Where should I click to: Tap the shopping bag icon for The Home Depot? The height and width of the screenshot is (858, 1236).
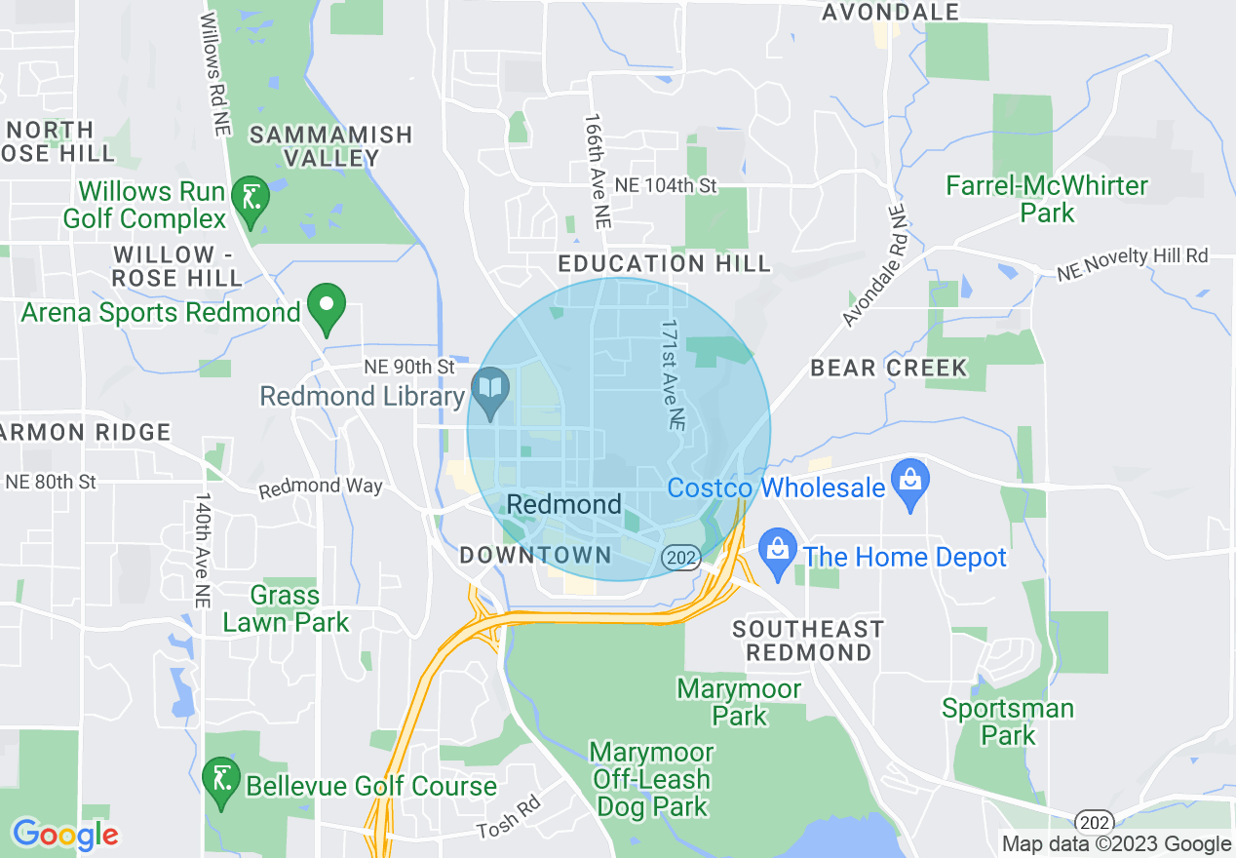[x=777, y=552]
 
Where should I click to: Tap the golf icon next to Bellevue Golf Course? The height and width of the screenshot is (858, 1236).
[x=221, y=780]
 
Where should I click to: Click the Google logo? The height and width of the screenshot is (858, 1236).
[x=65, y=835]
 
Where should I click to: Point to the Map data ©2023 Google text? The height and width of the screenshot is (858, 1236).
[x=1117, y=844]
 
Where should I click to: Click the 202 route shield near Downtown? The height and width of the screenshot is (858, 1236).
[x=677, y=558]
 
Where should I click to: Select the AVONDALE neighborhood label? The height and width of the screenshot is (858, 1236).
[x=890, y=13]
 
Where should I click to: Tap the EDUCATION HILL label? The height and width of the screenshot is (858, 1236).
[x=665, y=263]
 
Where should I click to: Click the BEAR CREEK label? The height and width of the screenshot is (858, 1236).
[x=889, y=368]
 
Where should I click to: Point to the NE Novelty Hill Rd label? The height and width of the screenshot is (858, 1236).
[x=1133, y=263]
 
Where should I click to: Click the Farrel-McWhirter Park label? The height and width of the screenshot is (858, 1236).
[x=1048, y=199]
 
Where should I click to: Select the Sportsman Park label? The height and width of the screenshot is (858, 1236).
[x=1008, y=721]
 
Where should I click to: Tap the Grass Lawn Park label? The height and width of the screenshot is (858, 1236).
[x=286, y=608]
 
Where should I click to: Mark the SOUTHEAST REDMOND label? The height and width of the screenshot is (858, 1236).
[x=808, y=640]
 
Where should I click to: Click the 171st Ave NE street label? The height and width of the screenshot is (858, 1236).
[x=672, y=375]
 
